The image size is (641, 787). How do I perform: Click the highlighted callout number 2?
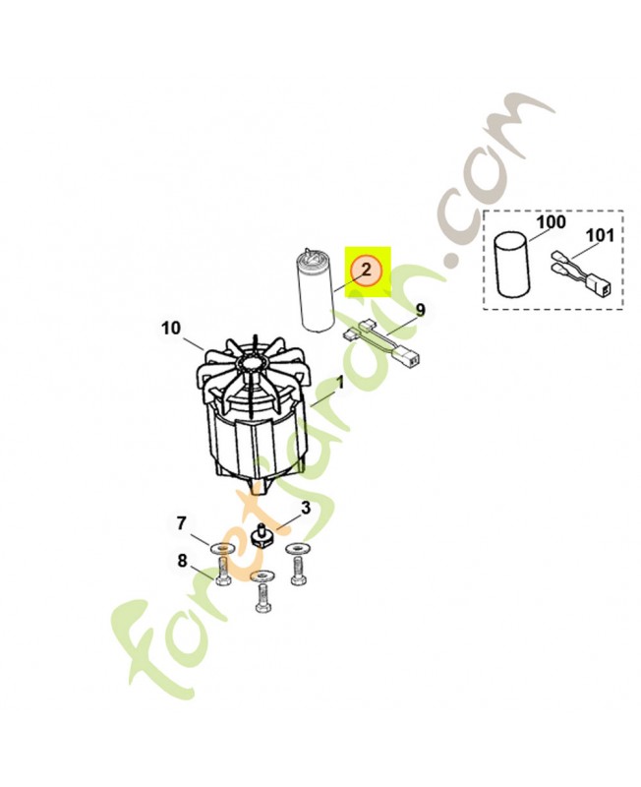(366, 270)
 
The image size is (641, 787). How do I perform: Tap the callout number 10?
(170, 329)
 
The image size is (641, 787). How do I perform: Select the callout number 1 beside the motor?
(339, 385)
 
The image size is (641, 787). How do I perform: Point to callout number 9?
(420, 310)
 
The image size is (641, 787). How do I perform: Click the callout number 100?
(551, 221)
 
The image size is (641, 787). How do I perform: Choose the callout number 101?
(599, 234)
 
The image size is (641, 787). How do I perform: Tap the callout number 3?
(306, 508)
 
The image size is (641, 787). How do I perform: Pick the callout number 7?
(181, 523)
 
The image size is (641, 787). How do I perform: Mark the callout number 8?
(182, 560)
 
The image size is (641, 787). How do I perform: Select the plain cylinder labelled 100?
(512, 266)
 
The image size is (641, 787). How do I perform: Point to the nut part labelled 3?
(261, 537)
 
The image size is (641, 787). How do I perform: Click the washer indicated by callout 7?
(220, 548)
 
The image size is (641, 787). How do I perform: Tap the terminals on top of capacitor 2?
(310, 254)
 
